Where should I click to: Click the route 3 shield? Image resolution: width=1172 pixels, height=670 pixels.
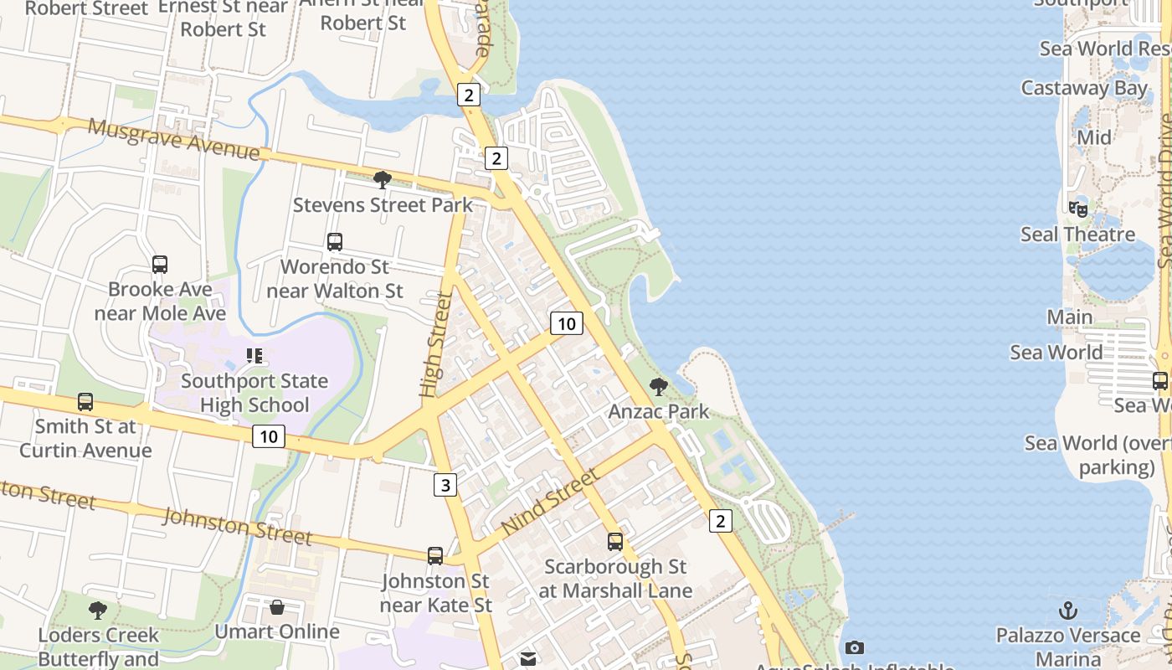445,484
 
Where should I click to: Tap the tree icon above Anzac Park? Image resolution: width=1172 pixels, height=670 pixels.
659,386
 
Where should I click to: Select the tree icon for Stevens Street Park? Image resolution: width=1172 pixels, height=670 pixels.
383,179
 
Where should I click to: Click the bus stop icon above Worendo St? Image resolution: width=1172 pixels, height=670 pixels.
335,242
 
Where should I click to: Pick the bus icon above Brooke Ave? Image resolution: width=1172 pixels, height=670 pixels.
160,265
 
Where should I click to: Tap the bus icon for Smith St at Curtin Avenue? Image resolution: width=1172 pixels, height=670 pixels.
85,401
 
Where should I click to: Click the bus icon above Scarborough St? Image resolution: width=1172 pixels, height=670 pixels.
615,542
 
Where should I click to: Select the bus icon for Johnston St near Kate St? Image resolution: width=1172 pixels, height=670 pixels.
435,555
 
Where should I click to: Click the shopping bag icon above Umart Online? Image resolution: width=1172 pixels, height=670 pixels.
277,606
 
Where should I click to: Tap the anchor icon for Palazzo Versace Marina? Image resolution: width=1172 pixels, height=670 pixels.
1067,610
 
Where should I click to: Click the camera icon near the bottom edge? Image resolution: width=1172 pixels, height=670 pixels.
855,647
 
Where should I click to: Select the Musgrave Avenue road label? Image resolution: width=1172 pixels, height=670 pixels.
173,139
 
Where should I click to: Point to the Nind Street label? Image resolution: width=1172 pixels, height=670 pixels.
551,502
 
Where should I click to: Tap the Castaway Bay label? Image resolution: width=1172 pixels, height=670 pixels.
1084,88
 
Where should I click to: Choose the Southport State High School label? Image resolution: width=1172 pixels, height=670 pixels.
254,393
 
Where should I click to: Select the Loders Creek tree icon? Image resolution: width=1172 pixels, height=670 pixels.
98,609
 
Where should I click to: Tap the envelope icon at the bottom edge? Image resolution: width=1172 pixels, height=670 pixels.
527,659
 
